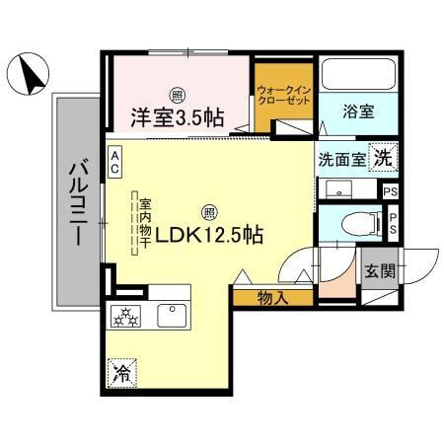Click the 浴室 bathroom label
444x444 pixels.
[357, 112]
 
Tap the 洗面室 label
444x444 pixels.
[339, 159]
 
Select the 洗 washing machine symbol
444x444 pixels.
[383, 157]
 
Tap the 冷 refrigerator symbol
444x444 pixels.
[122, 372]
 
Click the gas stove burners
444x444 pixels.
[129, 317]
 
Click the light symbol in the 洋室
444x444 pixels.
[177, 96]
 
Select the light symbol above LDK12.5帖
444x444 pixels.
[209, 211]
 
